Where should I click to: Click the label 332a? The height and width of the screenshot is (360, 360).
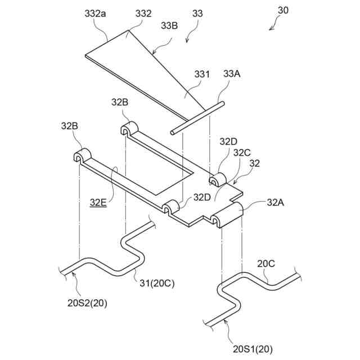(x=95, y=12)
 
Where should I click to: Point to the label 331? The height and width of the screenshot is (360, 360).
(x=201, y=74)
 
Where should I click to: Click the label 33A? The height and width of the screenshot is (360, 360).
(x=231, y=74)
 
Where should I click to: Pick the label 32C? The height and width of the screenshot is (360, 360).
(x=242, y=152)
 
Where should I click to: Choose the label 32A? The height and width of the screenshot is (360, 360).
(x=276, y=202)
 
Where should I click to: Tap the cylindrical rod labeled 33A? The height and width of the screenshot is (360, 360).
(x=197, y=118)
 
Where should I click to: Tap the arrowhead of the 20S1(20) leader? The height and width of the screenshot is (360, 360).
(x=224, y=320)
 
